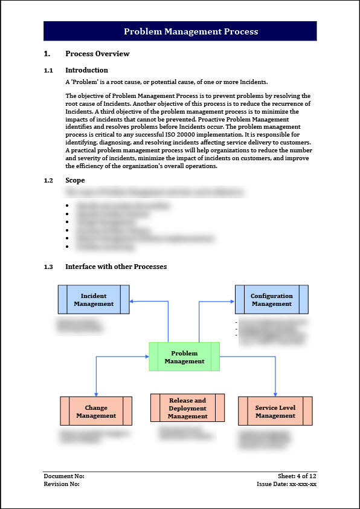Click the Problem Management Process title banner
coord(180,31)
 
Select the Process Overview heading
coord(97,54)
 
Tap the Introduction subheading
coord(86,70)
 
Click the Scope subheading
coord(75,180)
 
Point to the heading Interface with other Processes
coord(116,267)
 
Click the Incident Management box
coord(94,300)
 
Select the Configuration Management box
coord(271,300)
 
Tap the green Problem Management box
coord(184,357)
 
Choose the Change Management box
coord(96,412)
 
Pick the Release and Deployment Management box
coord(187,408)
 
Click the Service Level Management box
coord(275,412)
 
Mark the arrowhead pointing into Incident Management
coord(132,300)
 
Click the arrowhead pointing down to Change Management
coord(96,394)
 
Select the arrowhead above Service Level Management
coord(275,394)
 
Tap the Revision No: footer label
coord(62,484)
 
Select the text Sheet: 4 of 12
coord(297,476)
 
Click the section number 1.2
coord(49,180)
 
